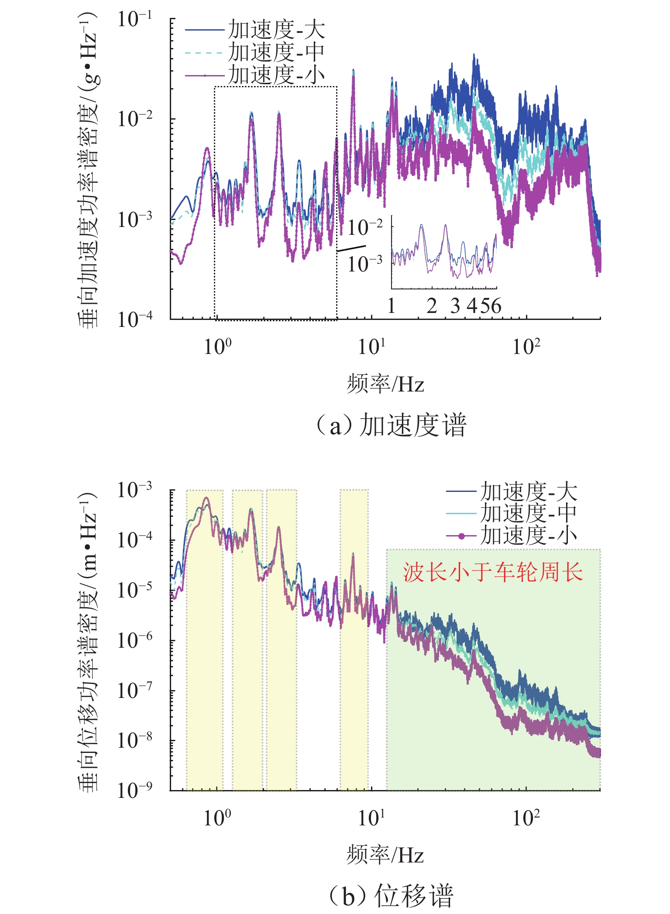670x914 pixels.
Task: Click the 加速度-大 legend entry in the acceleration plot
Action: click(x=276, y=30)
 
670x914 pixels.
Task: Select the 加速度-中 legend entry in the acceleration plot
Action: click(x=276, y=52)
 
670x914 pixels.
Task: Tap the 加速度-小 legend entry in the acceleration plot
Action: click(x=276, y=75)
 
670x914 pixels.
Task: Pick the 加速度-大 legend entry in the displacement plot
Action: click(x=529, y=491)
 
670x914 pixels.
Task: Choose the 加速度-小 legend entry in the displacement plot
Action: click(x=529, y=535)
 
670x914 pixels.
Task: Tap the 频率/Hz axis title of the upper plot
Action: click(x=385, y=384)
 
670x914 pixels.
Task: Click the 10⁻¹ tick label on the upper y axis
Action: click(x=135, y=19)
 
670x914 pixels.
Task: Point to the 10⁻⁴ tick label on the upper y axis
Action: click(x=135, y=320)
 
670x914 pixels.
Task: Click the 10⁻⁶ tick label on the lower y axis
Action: click(x=135, y=640)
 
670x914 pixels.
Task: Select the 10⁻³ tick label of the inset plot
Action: click(x=365, y=263)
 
